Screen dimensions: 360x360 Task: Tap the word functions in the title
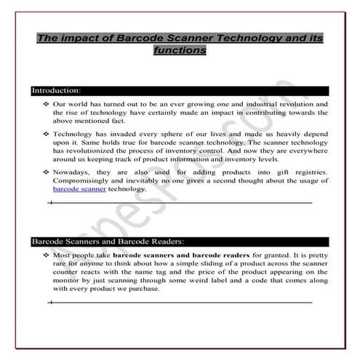(180, 52)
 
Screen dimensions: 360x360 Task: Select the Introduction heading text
(55, 91)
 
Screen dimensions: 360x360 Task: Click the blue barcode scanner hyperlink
(80, 188)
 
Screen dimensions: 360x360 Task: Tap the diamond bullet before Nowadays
(45, 172)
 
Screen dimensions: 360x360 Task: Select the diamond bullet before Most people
(45, 257)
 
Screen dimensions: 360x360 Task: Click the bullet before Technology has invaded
(45, 135)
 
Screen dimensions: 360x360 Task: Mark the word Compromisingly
(86, 180)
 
